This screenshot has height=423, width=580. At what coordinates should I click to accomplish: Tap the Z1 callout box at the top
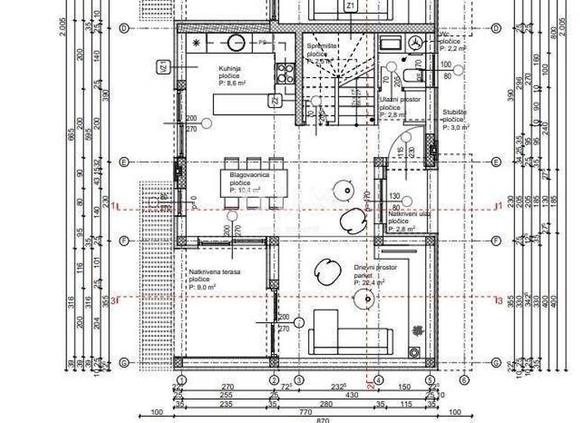(350, 6)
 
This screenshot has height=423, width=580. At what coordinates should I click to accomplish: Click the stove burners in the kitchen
(285, 73)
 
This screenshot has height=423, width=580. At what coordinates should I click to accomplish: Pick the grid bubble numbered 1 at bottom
(180, 380)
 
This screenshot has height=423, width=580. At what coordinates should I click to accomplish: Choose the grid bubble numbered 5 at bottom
(429, 380)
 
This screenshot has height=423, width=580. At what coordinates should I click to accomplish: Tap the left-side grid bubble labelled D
(123, 29)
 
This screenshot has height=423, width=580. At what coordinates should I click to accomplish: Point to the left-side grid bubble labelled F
(123, 241)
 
